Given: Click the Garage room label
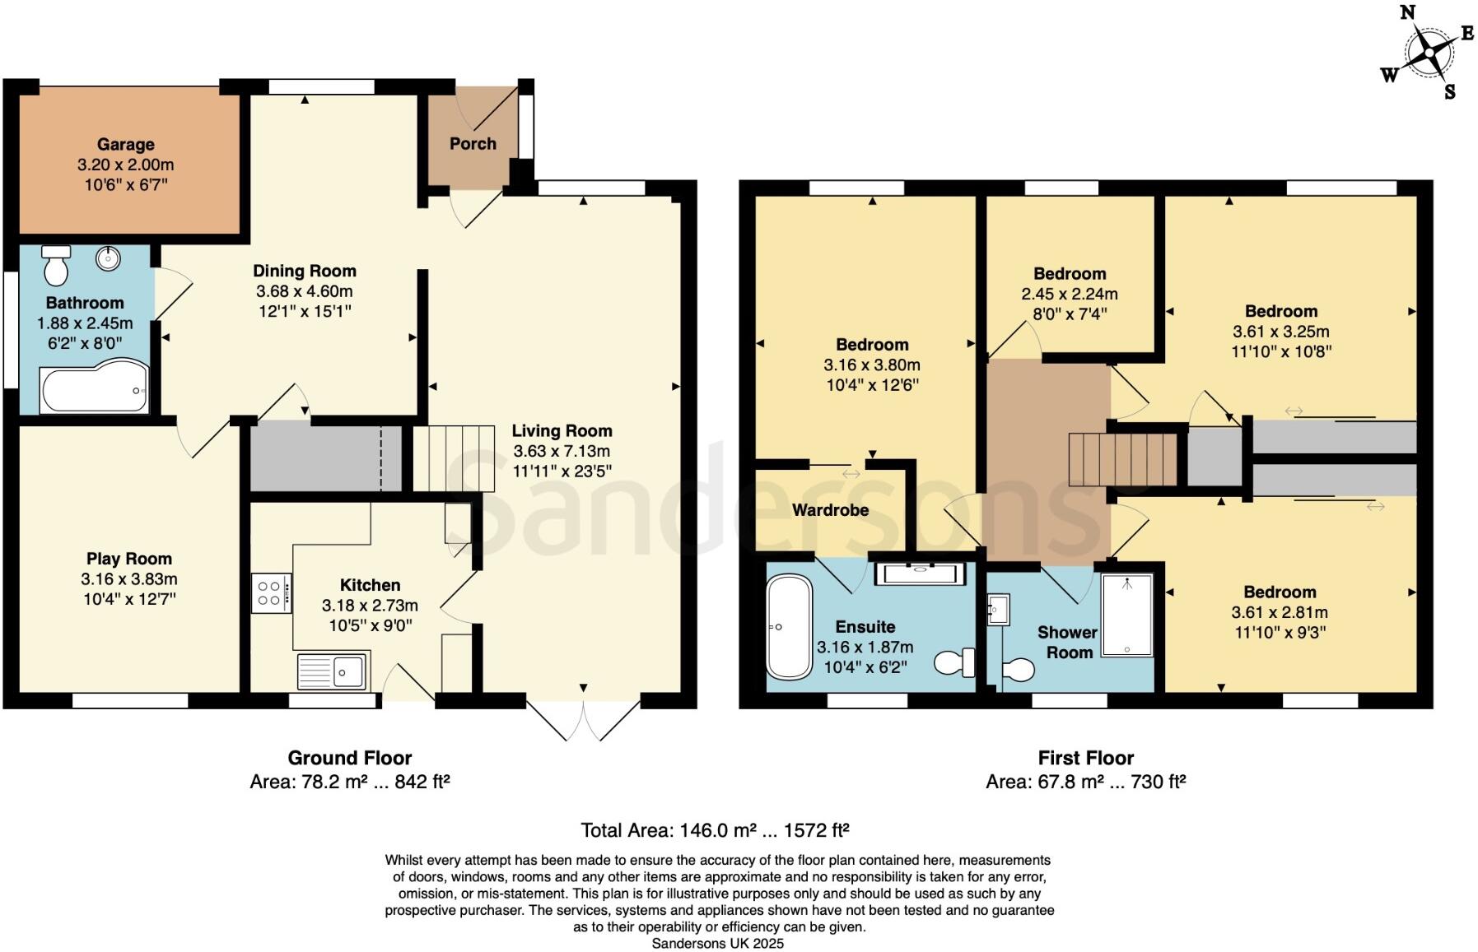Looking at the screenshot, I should pos(125,145).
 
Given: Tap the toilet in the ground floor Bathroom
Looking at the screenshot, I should pos(56,265).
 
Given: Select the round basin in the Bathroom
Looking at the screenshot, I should pos(108,258).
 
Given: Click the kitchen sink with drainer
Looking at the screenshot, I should pos(332,671).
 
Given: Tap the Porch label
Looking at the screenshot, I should pos(473,144).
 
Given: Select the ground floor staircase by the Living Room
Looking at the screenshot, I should pos(452,458).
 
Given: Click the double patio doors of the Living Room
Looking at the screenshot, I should pos(583,721).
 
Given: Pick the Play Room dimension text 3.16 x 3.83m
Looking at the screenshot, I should pos(129,579).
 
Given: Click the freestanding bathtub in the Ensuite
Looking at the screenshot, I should pos(789,627).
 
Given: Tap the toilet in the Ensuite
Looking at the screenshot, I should pos(956,662).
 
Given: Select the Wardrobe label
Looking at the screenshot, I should pos(830,510).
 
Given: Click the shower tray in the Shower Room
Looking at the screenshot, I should pos(1126,615).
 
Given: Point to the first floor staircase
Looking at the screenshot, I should pos(1122,458).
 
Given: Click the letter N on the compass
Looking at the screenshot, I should pos(1407,12).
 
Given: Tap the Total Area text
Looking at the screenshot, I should pos(715,830).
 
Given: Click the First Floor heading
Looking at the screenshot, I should pos(1085,758).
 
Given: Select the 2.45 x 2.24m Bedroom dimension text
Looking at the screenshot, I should pos(1070,295).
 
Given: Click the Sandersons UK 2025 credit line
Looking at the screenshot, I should pos(717,944).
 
